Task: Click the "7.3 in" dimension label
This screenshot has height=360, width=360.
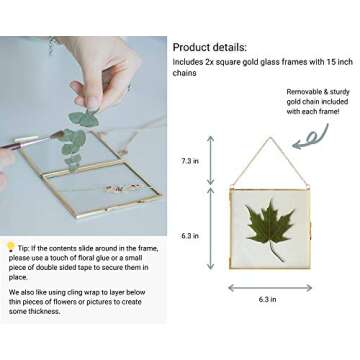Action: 189,160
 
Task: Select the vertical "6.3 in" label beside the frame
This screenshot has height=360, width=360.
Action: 189,236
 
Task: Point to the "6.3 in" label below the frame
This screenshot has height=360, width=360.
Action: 267,299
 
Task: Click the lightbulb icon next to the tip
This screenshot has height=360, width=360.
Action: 10,245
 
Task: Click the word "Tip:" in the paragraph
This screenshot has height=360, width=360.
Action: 26,246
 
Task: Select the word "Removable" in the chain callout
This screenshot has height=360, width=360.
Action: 305,91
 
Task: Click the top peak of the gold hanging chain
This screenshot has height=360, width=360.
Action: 267,139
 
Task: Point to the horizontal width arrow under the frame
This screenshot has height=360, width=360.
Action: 267,288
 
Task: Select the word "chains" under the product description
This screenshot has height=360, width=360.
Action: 184,73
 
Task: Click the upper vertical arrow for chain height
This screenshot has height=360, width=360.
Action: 210,160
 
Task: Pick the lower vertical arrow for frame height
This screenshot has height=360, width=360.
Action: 210,229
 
